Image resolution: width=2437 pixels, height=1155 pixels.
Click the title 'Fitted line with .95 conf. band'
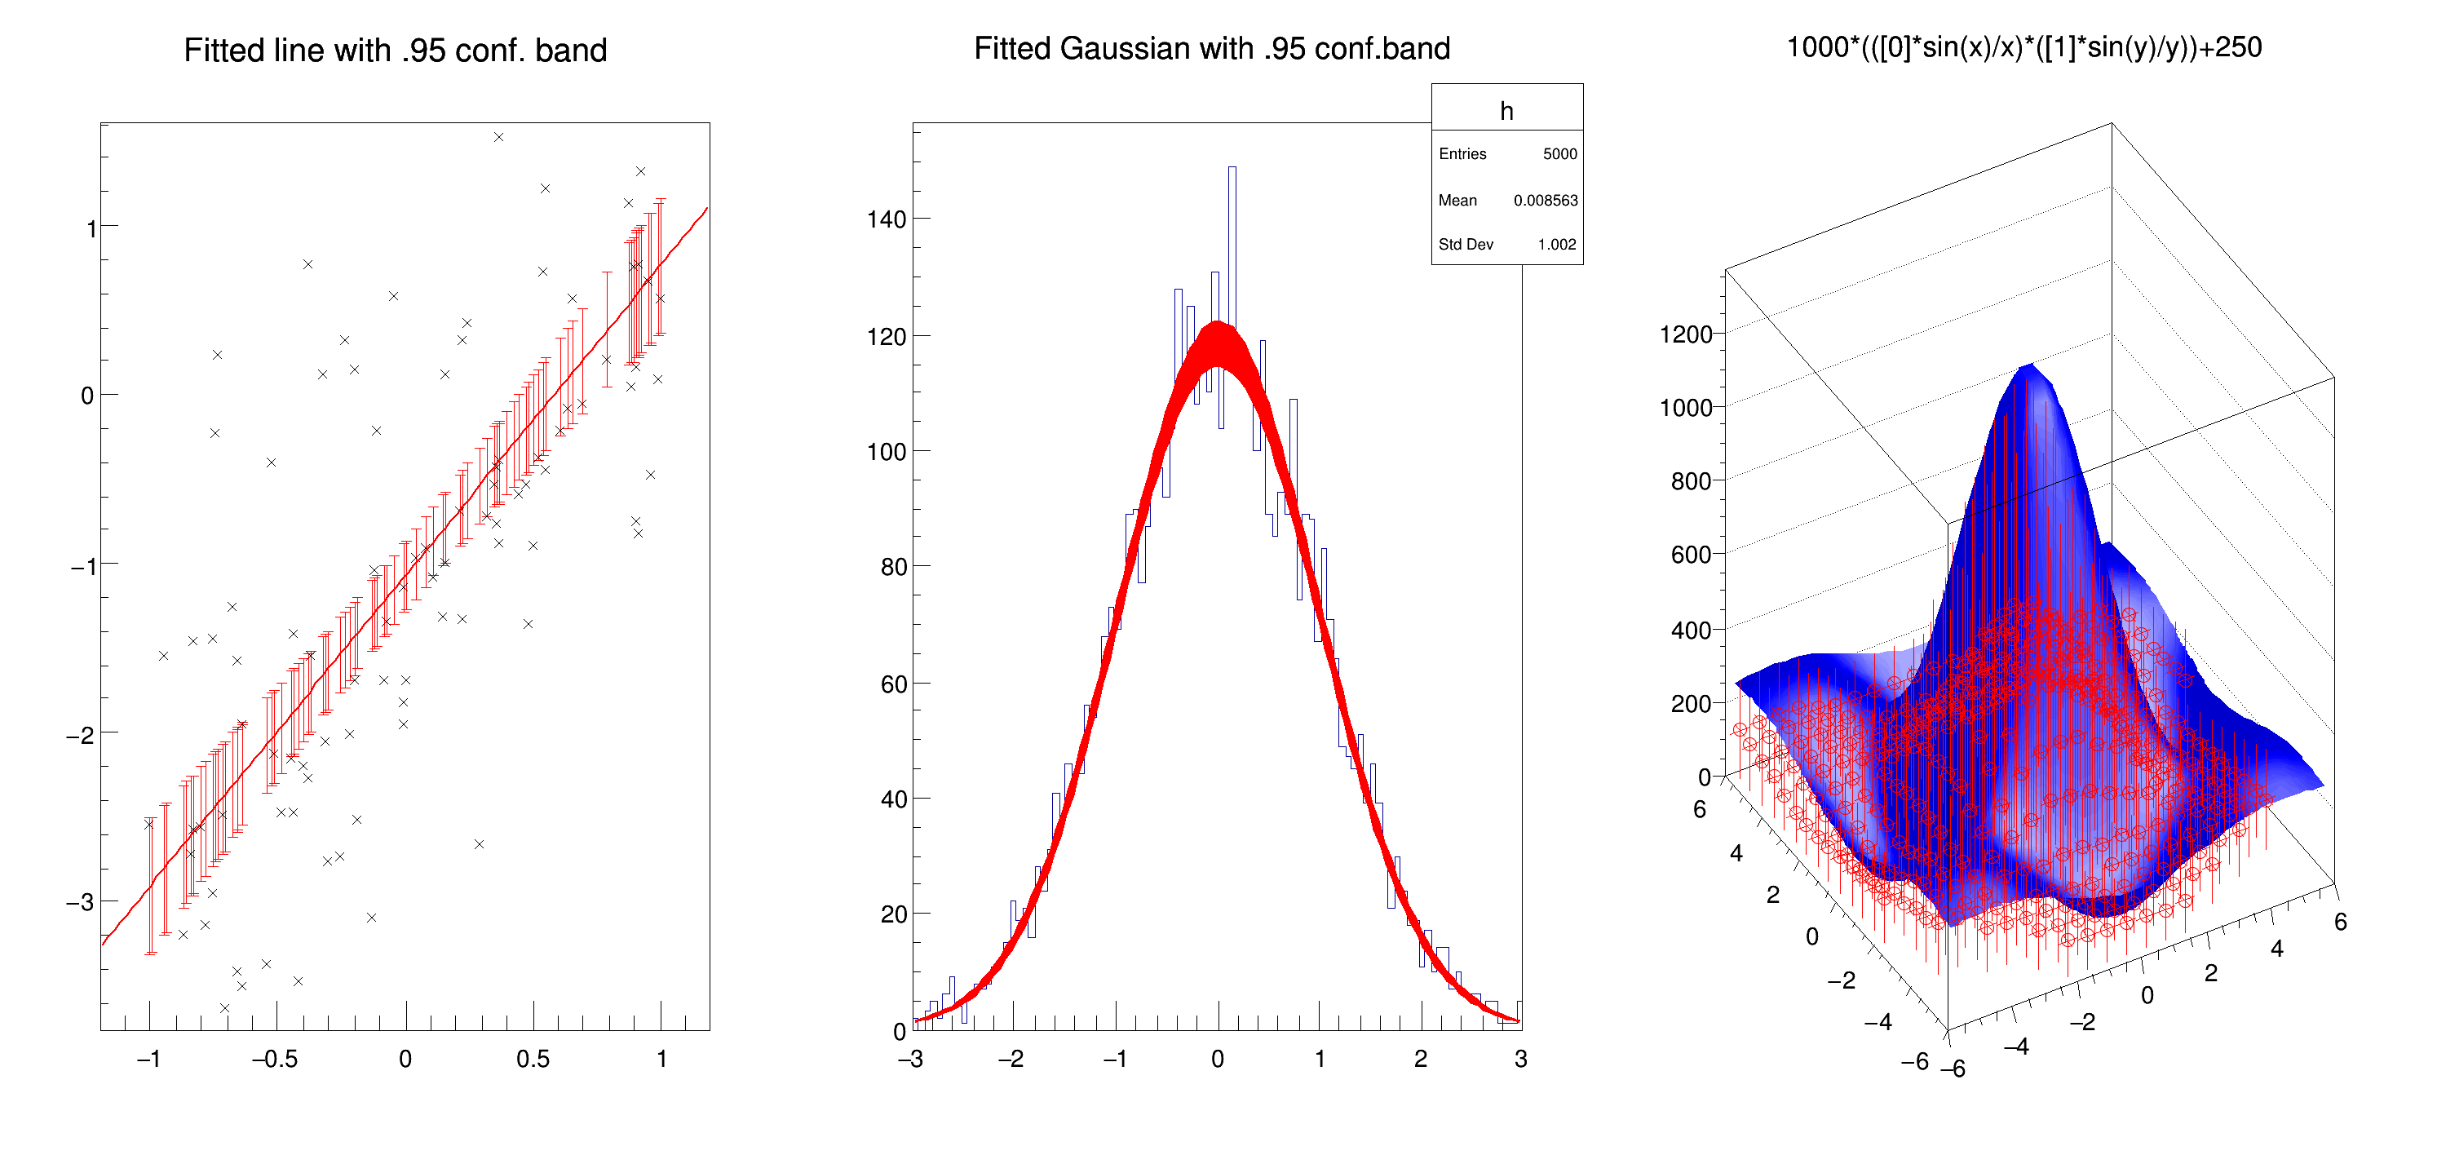click(x=395, y=50)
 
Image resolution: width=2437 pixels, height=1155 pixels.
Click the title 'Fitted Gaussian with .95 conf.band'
click(x=1211, y=48)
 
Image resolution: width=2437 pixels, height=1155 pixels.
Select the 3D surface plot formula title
click(x=2023, y=47)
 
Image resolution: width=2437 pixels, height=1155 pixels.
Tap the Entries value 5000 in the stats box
click(x=1559, y=154)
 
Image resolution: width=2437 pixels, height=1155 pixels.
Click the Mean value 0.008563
click(x=1545, y=201)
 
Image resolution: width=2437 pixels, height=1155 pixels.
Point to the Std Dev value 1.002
click(x=1556, y=244)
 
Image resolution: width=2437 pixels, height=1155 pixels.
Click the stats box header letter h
click(x=1506, y=112)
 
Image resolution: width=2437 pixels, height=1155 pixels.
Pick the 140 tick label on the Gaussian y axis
click(x=887, y=219)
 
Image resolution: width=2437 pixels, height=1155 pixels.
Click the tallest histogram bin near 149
click(x=1232, y=170)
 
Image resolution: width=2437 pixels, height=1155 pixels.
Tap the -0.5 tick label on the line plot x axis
click(x=274, y=1060)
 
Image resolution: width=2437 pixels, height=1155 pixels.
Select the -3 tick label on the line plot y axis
click(x=81, y=901)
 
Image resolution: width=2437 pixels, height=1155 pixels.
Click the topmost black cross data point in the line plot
click(x=498, y=137)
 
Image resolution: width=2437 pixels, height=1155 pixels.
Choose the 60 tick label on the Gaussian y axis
click(x=893, y=684)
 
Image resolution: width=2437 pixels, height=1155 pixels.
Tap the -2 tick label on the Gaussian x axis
click(x=1011, y=1060)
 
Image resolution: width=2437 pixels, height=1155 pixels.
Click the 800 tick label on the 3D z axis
click(x=1691, y=481)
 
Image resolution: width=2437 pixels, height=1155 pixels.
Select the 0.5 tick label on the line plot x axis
click(x=533, y=1060)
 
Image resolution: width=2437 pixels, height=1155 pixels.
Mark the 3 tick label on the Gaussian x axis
click(x=1520, y=1060)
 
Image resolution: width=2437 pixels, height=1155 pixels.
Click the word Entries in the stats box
click(x=1462, y=154)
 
